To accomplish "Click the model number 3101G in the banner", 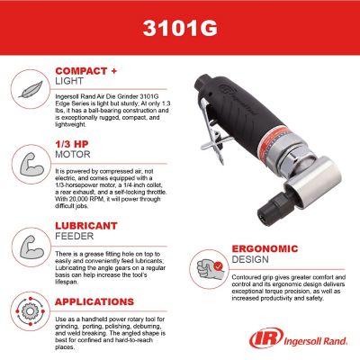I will point(179,26).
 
